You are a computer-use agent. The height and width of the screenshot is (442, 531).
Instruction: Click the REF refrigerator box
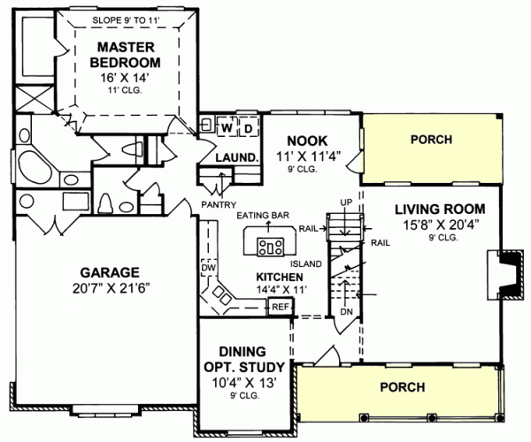[x=281, y=306]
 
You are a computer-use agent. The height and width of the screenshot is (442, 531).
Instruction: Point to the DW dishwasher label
[x=209, y=266]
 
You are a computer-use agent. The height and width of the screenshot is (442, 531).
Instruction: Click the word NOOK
[x=307, y=140]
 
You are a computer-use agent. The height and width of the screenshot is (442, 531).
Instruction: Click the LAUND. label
[x=237, y=158]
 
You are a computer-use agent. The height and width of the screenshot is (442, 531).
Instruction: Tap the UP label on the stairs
[x=346, y=202]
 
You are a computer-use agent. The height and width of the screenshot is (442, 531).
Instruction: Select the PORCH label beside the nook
[x=431, y=140]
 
